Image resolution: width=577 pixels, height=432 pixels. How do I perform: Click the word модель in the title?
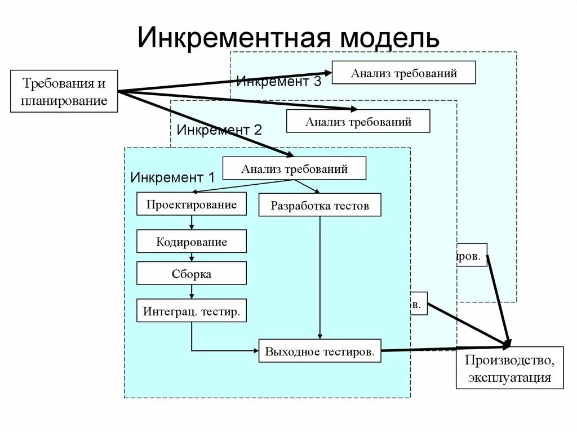coord(388,38)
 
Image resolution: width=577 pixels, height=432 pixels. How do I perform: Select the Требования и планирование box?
coord(64,91)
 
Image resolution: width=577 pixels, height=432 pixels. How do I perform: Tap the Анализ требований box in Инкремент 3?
coord(403,73)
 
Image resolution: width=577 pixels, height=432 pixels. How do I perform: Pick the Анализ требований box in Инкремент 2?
coord(358,121)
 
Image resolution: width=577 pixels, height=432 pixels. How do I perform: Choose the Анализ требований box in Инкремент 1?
coord(294,168)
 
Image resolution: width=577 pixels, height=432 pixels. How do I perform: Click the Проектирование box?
coord(192,204)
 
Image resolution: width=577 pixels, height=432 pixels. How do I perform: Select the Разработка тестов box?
coord(319,205)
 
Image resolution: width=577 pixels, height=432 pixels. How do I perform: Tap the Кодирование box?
coord(192,241)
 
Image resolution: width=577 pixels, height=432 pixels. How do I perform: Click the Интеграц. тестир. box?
coord(192,310)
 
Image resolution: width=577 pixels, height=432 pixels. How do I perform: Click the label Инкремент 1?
coord(172,177)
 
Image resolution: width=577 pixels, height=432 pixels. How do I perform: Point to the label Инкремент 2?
coord(219,130)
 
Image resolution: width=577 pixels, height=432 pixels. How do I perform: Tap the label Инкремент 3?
coord(278,81)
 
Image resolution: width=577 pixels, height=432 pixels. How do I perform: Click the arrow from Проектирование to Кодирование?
coord(192,222)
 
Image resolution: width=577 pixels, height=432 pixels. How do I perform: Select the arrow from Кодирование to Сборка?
coord(192,257)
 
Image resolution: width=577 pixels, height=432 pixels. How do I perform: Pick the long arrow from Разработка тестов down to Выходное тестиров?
coord(320,276)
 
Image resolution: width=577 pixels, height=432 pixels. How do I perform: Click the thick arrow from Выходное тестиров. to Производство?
coord(445,349)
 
